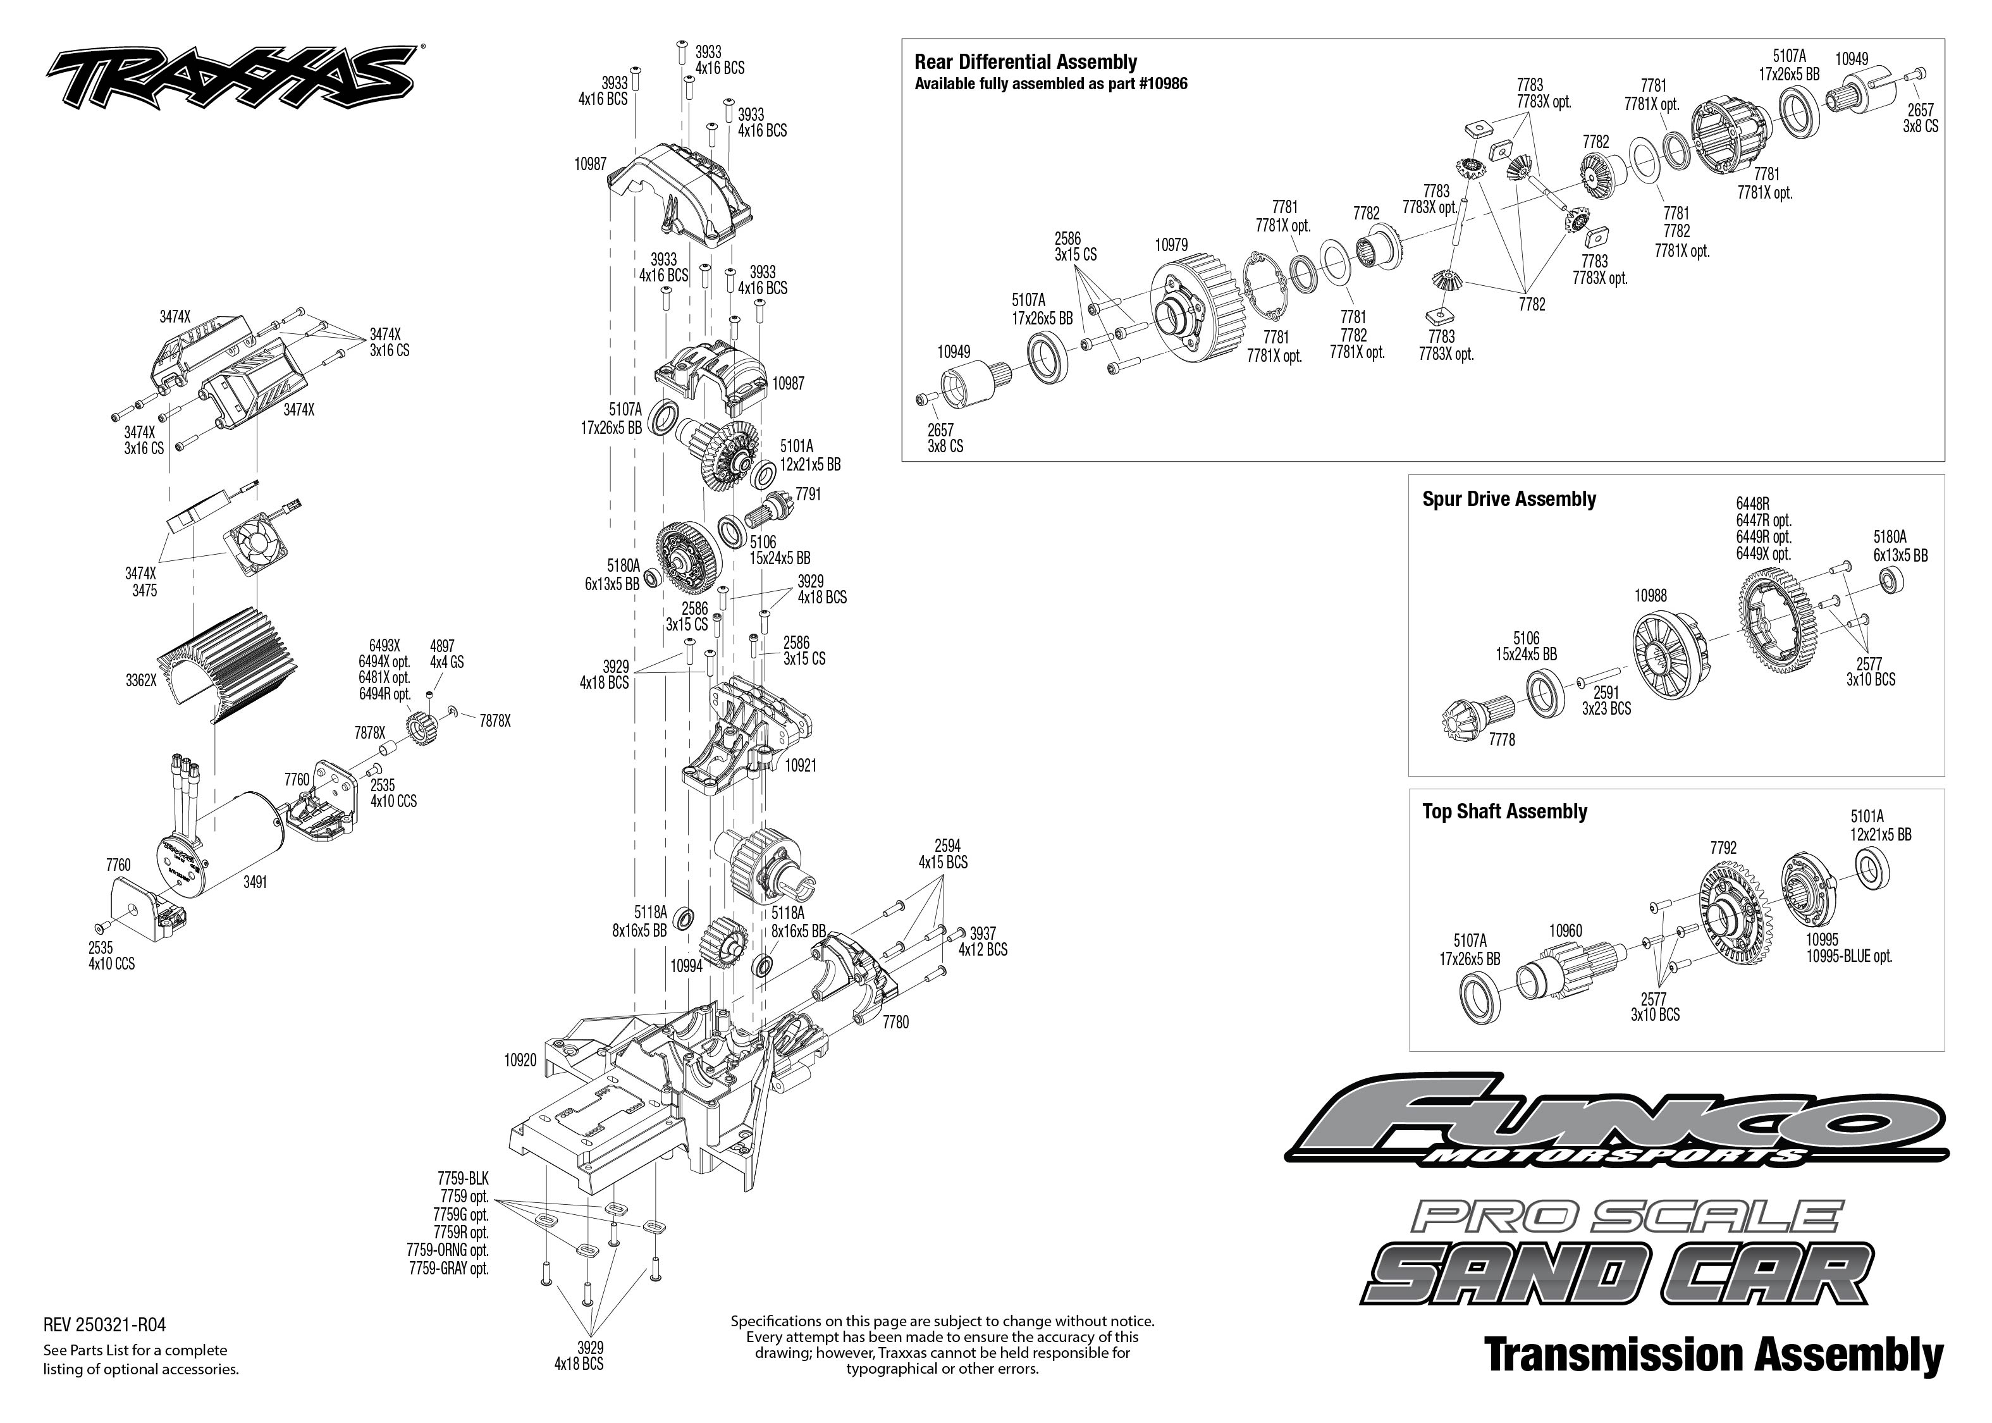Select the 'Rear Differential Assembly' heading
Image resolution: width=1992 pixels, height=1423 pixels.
click(1025, 62)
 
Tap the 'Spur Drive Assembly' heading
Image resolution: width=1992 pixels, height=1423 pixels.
click(1508, 500)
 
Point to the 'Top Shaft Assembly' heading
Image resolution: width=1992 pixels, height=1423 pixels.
click(1504, 811)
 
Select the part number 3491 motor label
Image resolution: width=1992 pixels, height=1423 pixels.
click(255, 882)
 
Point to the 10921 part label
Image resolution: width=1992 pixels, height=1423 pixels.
click(800, 765)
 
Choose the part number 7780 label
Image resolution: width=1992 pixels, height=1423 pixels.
click(895, 1021)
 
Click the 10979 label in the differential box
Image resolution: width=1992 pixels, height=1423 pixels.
click(1171, 245)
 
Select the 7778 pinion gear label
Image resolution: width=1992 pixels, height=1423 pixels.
click(1501, 739)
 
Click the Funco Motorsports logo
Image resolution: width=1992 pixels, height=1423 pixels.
click(1617, 1126)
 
